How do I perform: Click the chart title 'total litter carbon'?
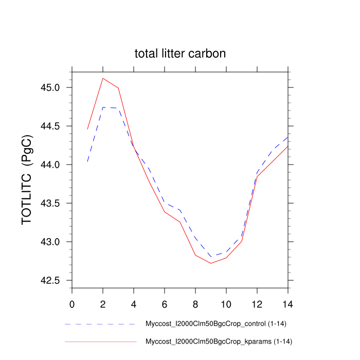(x=180, y=53)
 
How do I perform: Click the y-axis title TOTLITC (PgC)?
(x=28, y=180)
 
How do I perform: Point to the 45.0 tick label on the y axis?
(x=50, y=87)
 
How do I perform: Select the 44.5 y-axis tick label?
(x=50, y=126)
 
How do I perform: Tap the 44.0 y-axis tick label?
(x=50, y=165)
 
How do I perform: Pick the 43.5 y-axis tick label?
(x=50, y=203)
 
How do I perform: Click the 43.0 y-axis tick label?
(x=50, y=242)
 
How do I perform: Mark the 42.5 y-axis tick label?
(x=50, y=280)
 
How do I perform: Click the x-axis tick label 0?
(x=72, y=304)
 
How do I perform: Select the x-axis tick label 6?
(x=165, y=304)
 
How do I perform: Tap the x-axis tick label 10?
(x=226, y=304)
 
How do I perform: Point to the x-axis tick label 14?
(x=288, y=304)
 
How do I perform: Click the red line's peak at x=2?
(x=103, y=78)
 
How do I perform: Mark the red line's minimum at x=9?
(x=211, y=263)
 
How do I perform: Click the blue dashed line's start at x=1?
(x=87, y=162)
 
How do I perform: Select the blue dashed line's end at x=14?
(x=288, y=137)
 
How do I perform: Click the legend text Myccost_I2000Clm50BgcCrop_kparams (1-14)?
(x=219, y=341)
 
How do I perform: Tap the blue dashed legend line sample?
(x=100, y=325)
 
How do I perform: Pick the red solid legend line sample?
(x=100, y=341)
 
